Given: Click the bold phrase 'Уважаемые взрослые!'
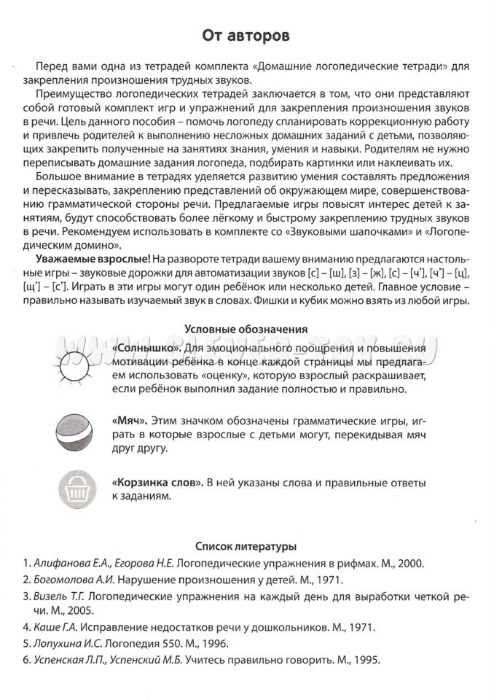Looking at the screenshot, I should point(88,260).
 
